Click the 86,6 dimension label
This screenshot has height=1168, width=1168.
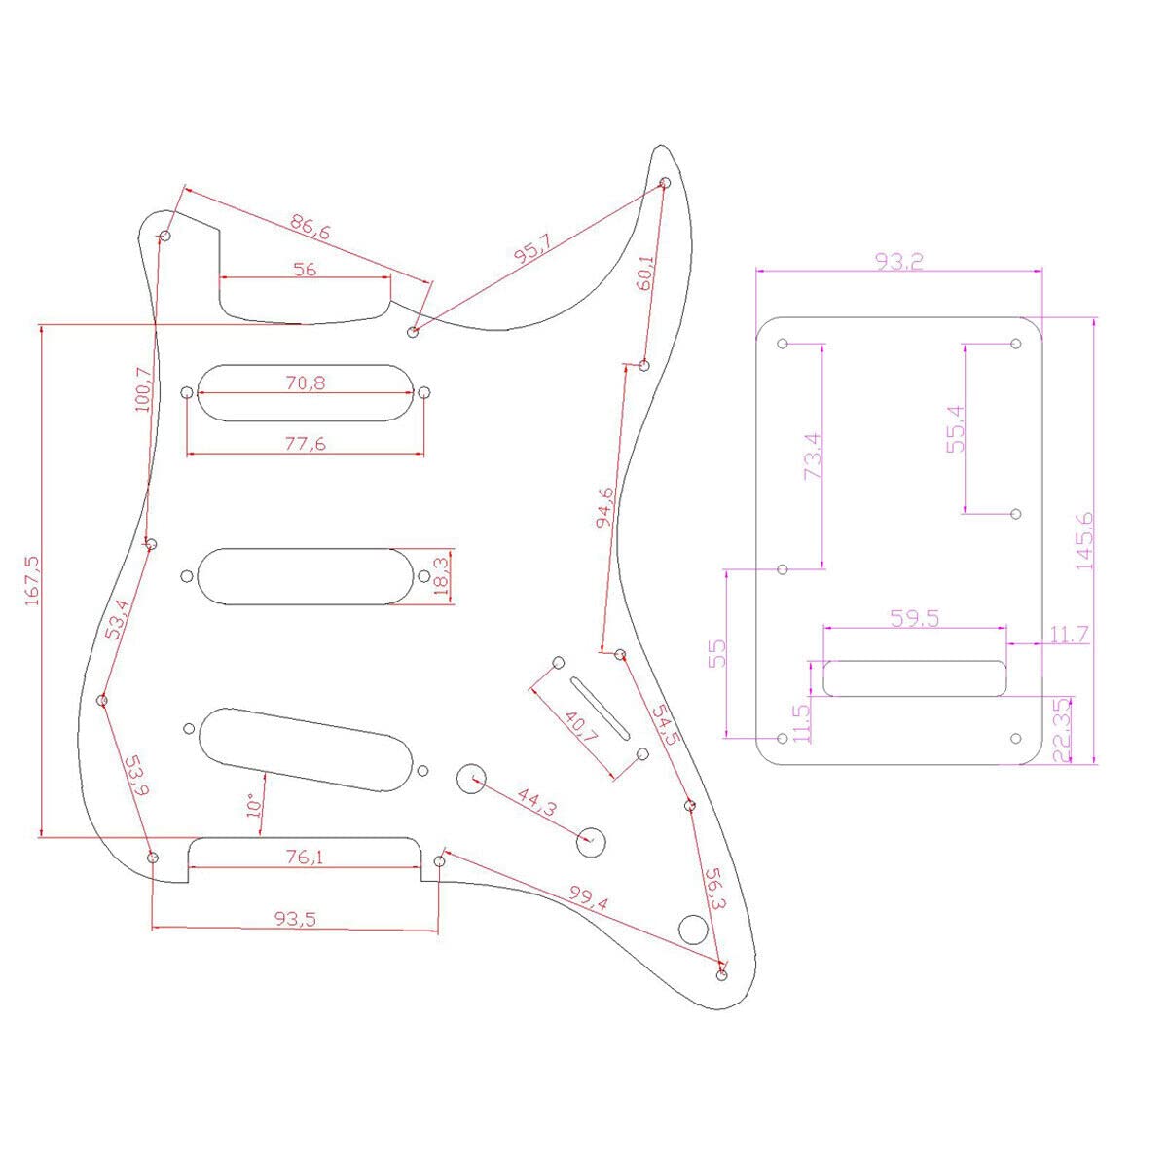coord(310,230)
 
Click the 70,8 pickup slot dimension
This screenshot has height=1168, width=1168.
coord(306,383)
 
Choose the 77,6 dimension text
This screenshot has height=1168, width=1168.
coord(306,444)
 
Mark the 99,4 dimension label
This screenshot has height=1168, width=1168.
coord(588,897)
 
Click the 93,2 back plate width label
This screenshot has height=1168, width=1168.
coord(898,261)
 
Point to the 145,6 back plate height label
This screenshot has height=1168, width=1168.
coord(1083,540)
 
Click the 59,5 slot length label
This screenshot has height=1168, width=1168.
coord(914,618)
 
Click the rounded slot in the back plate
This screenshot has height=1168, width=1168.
coord(914,678)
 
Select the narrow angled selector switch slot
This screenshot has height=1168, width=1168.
coord(601,707)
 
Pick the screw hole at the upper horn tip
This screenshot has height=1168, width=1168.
coord(666,183)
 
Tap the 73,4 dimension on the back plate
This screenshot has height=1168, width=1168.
coord(813,456)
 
